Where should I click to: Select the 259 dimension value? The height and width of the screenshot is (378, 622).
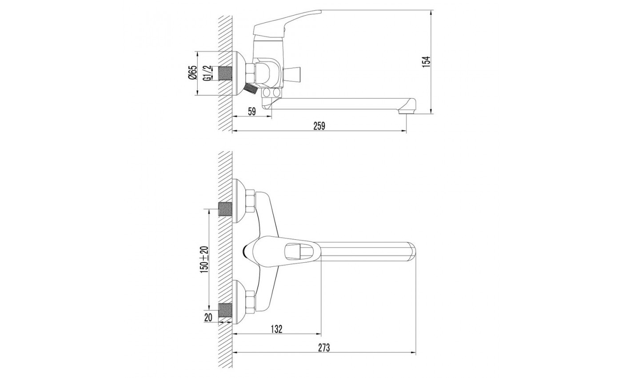(319, 126)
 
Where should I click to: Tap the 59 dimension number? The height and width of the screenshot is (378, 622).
(251, 112)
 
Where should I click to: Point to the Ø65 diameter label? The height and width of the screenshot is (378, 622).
(193, 73)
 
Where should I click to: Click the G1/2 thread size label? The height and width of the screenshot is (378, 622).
(208, 73)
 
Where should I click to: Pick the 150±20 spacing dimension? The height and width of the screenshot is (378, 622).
(204, 259)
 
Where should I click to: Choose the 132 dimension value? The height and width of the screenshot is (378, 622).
(276, 329)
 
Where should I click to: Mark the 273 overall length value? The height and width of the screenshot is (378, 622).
(324, 347)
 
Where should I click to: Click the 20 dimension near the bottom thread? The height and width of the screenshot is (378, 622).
(208, 318)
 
